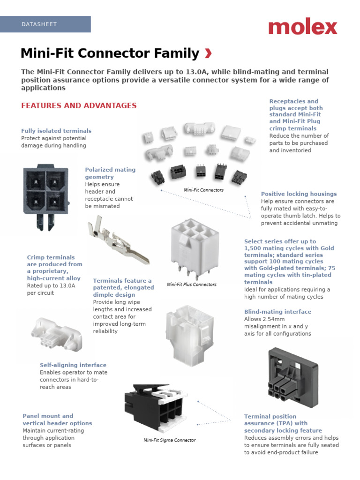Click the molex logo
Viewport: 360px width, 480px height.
click(x=302, y=27)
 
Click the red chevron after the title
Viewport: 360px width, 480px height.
click(x=208, y=54)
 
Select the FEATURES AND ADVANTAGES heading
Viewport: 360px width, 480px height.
click(x=79, y=105)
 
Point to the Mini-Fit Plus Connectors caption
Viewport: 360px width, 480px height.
click(x=192, y=285)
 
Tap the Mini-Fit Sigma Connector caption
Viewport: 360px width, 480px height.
click(x=170, y=440)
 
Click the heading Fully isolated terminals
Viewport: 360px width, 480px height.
click(x=56, y=131)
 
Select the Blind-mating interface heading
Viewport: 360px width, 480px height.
click(x=277, y=312)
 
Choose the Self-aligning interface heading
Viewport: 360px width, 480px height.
click(x=73, y=365)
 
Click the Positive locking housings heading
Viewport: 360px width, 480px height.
click(x=299, y=194)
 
